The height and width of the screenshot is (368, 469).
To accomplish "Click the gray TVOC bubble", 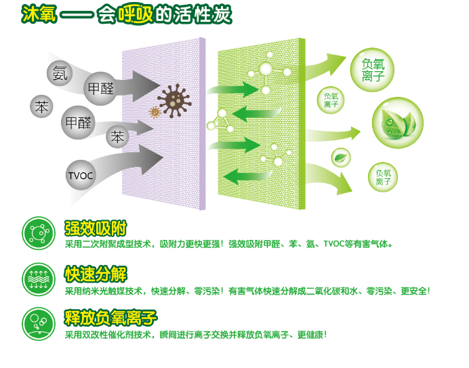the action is pyautogui.click(x=80, y=176).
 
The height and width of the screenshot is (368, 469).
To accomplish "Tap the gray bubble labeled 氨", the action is pyautogui.click(x=60, y=73).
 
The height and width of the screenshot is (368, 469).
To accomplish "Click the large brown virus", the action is pyautogui.click(x=174, y=100).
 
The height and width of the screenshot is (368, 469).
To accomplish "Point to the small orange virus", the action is pyautogui.click(x=155, y=113).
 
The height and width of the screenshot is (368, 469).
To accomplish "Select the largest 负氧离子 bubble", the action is pyautogui.click(x=372, y=70).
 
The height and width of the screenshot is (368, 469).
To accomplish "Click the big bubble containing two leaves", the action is pyautogui.click(x=398, y=123).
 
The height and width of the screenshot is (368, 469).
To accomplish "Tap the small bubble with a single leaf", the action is pyautogui.click(x=341, y=158).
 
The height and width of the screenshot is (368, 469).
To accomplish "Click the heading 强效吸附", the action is pyautogui.click(x=96, y=228).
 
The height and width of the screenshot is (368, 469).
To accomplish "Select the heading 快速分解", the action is pyautogui.click(x=96, y=274).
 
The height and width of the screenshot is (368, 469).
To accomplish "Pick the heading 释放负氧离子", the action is pyautogui.click(x=110, y=318).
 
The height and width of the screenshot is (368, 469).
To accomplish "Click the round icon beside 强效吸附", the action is pyautogui.click(x=39, y=233).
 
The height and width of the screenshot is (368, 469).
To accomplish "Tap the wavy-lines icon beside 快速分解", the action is pyautogui.click(x=39, y=279).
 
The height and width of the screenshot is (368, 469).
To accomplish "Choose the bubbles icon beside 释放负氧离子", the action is pyautogui.click(x=39, y=324).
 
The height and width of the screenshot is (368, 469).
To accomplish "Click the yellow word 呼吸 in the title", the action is pyautogui.click(x=135, y=14).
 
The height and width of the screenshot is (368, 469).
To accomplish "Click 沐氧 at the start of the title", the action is pyautogui.click(x=39, y=14).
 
